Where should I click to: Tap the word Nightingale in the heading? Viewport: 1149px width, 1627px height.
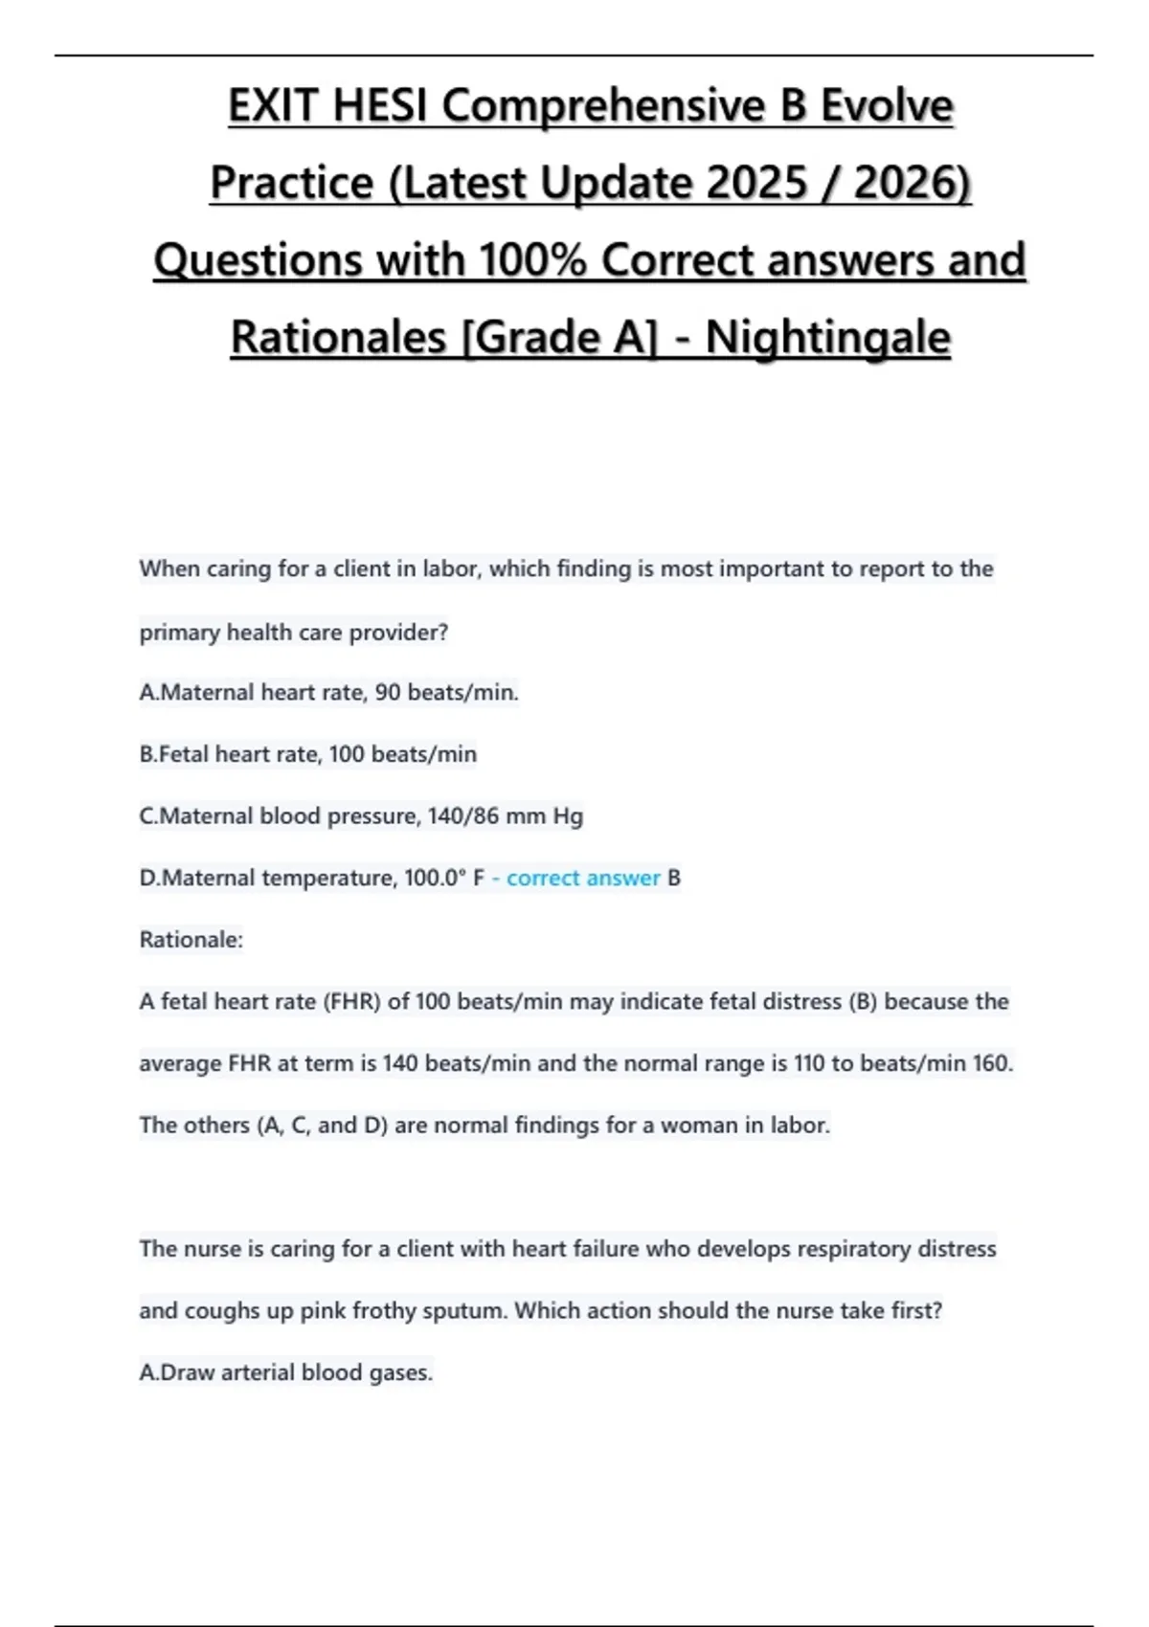(828, 337)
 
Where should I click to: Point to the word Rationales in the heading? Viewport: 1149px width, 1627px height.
(339, 337)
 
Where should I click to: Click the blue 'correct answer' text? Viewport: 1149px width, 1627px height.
(583, 878)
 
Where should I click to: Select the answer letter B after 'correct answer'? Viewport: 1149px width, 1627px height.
(674, 878)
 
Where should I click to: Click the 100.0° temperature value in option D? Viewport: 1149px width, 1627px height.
(434, 878)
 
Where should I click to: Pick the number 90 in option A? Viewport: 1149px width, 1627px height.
(388, 692)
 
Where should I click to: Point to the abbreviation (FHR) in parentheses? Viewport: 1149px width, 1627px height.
(351, 1002)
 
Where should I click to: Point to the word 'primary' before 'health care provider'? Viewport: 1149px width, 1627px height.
(180, 633)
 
